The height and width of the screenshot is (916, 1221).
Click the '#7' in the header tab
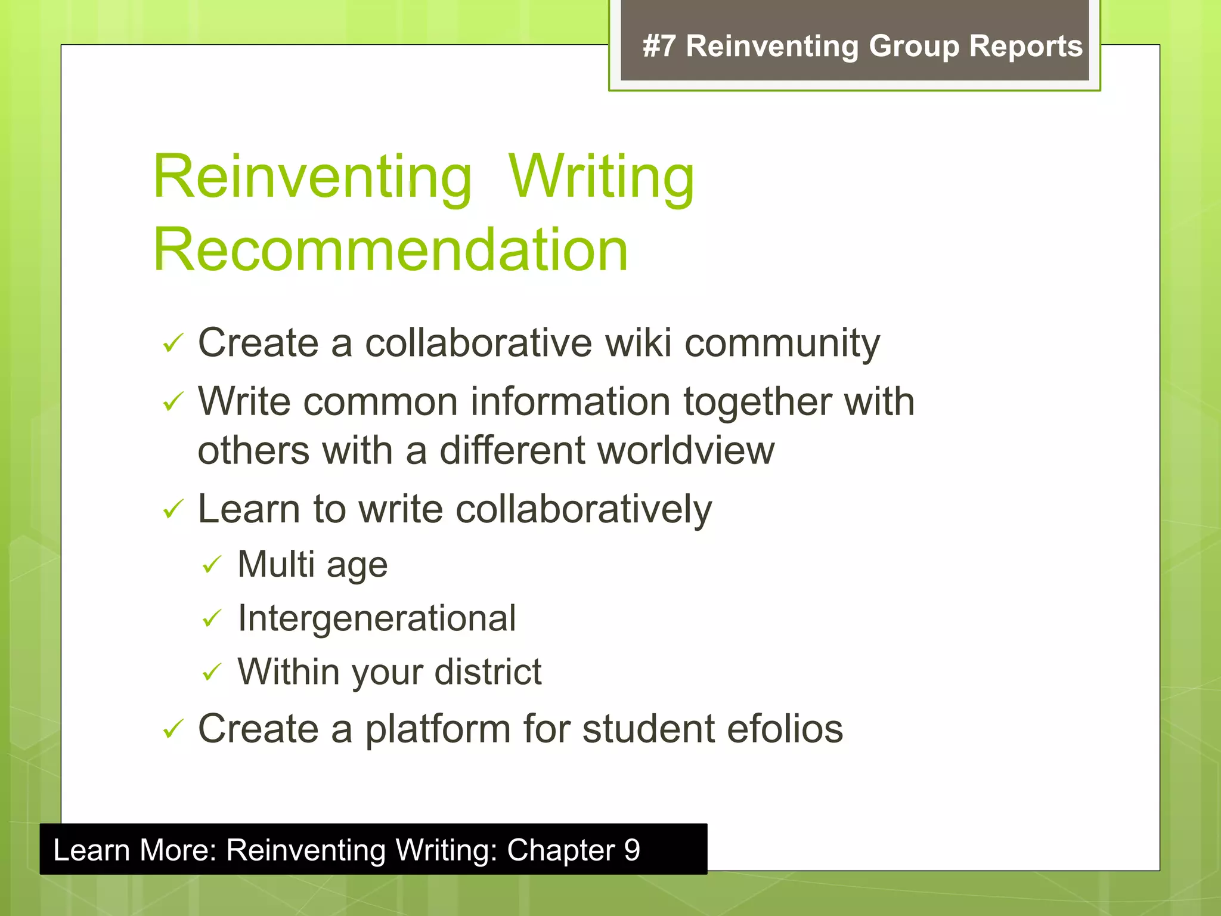click(x=659, y=47)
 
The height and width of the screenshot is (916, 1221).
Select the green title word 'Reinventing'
click(x=312, y=177)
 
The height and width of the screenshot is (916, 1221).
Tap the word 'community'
click(x=782, y=345)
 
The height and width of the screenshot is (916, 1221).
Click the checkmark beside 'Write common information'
click(x=172, y=402)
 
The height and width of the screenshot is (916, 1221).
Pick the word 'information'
click(x=571, y=401)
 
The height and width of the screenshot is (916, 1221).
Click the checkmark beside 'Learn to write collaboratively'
click(x=172, y=509)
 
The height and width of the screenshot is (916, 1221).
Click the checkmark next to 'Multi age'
click(x=212, y=564)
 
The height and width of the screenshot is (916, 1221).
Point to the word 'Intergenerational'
click(x=376, y=618)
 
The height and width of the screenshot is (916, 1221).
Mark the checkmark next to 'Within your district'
click(x=212, y=672)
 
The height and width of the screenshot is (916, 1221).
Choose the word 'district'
click(x=488, y=671)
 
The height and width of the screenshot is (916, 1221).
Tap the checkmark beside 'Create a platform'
click(x=172, y=729)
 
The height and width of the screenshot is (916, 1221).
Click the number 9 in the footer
click(x=631, y=850)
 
